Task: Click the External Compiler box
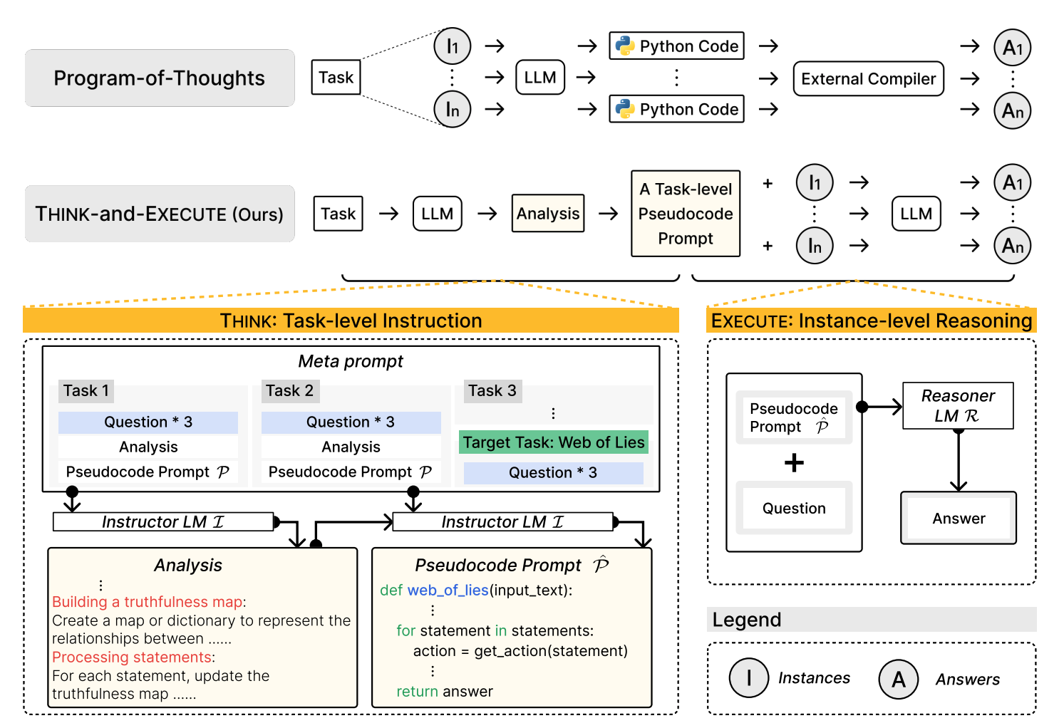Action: point(868,78)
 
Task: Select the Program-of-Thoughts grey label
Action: point(160,78)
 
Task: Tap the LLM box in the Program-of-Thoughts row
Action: point(540,78)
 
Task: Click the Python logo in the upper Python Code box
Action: point(625,46)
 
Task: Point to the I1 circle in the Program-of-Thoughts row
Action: point(453,46)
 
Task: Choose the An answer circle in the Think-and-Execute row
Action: point(1012,246)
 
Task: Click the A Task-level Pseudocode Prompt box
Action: point(686,214)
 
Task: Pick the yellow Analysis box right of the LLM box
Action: point(548,214)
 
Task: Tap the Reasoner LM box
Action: point(958,406)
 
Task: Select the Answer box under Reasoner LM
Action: point(959,519)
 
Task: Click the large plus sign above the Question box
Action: point(794,463)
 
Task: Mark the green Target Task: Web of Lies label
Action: point(553,442)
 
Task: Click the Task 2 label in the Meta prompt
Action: point(289,390)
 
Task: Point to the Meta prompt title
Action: point(350,361)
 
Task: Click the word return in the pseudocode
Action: point(417,692)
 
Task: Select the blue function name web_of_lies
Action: point(448,591)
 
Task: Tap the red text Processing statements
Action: point(132,657)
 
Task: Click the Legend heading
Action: point(747,620)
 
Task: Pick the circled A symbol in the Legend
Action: point(899,679)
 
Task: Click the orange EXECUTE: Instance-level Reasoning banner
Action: point(871,321)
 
